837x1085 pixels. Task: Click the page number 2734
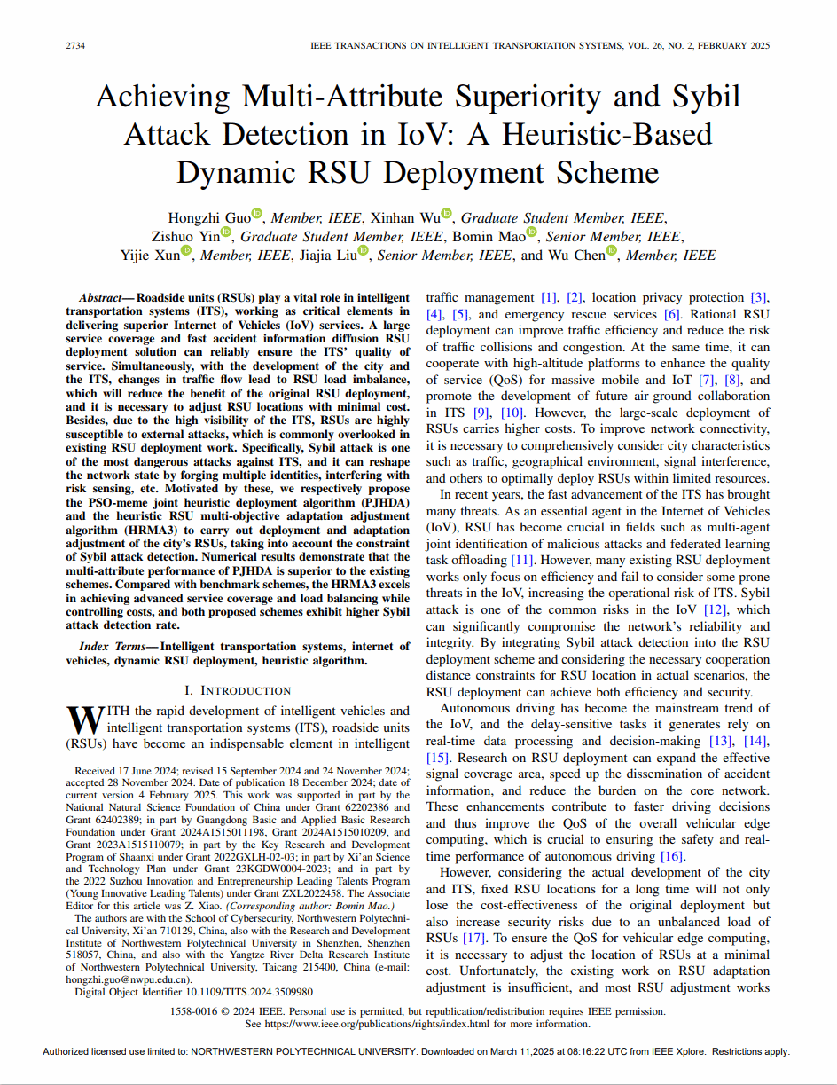tap(75, 45)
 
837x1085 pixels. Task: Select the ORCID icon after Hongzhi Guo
tap(257, 214)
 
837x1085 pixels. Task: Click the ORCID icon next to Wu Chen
tap(611, 254)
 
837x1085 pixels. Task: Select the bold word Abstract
tap(100, 297)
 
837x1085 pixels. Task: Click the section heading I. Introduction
tap(237, 690)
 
